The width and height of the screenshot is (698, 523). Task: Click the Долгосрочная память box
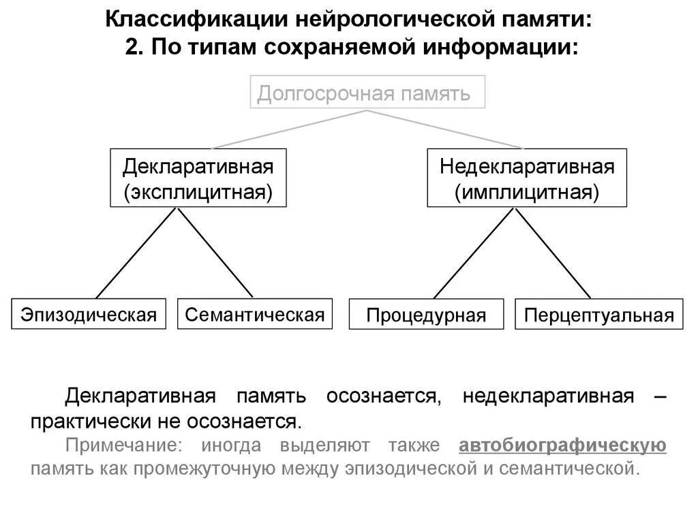[368, 92]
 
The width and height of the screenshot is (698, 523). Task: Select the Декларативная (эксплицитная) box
[198, 178]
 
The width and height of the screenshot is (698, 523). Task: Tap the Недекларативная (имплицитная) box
[526, 178]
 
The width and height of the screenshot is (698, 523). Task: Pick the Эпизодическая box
[89, 314]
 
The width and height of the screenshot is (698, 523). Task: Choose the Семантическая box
[255, 314]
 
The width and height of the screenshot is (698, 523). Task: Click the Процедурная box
[426, 315]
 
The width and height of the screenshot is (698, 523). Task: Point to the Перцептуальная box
[598, 315]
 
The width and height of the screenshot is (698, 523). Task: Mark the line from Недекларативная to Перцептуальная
[553, 253]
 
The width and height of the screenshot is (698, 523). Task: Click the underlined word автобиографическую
[562, 446]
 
